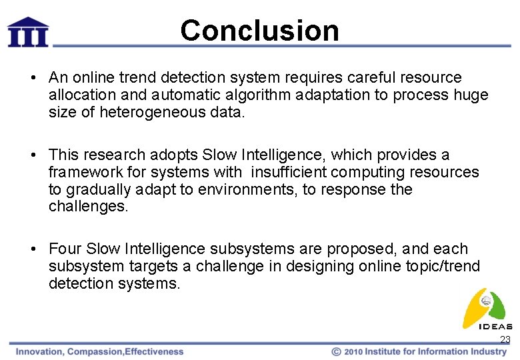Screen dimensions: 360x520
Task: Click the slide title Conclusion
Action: click(x=259, y=30)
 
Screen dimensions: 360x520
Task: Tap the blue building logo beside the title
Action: click(x=27, y=31)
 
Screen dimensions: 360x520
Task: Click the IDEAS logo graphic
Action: click(x=487, y=308)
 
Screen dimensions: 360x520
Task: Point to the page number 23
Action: click(x=505, y=340)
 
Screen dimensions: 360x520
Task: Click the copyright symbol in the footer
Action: click(x=337, y=351)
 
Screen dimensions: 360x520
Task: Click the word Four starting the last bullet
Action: click(x=65, y=249)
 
